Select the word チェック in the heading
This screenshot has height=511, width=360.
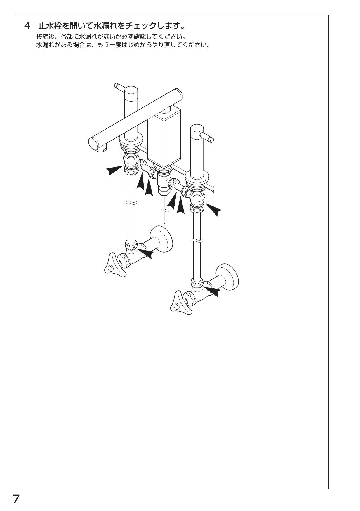coord(140,26)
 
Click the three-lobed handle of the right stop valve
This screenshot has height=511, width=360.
coord(178,303)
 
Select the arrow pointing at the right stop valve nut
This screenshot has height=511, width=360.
coord(211,291)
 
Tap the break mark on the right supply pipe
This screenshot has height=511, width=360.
coord(197,241)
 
